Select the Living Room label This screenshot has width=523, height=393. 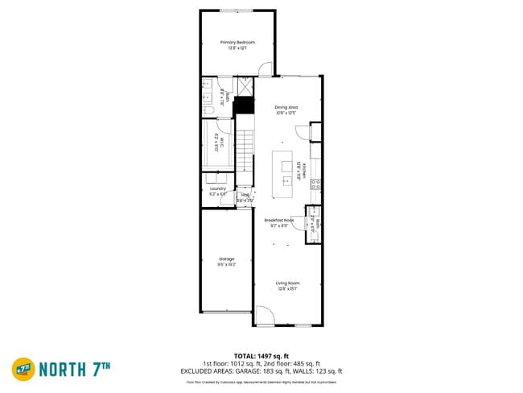click(x=287, y=284)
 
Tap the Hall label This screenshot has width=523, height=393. click(x=245, y=195)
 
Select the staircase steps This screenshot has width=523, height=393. click(x=245, y=149)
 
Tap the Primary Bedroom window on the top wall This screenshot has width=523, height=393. click(x=237, y=10)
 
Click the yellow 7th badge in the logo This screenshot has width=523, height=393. click(x=23, y=369)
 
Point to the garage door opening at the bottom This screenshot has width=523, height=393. click(x=227, y=312)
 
